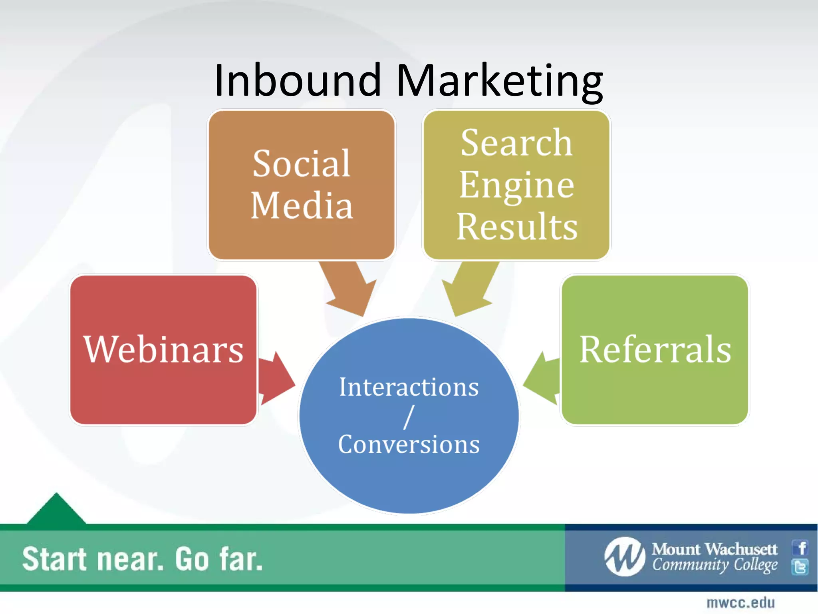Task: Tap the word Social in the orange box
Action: pyautogui.click(x=302, y=163)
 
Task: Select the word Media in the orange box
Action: pyautogui.click(x=302, y=205)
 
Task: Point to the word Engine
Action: pyautogui.click(x=516, y=185)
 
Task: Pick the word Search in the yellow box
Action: pyautogui.click(x=516, y=143)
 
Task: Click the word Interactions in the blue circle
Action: pyautogui.click(x=409, y=387)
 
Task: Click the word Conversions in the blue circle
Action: pyautogui.click(x=409, y=444)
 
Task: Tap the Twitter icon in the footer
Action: pyautogui.click(x=800, y=567)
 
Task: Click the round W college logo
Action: pyautogui.click(x=625, y=557)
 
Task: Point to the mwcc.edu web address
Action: pyautogui.click(x=741, y=603)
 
